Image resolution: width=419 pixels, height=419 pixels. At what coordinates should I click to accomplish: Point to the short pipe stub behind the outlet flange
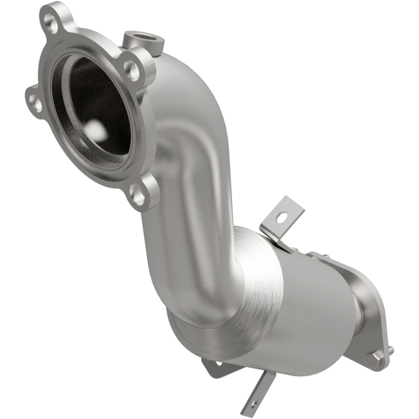356,314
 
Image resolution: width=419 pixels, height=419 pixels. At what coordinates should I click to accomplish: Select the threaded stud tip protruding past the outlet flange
390,349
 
